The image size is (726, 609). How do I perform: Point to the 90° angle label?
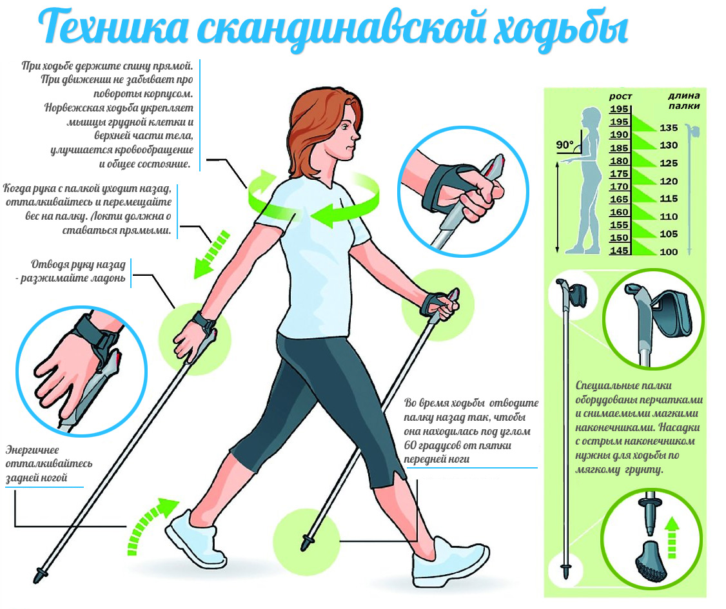[x=565, y=146]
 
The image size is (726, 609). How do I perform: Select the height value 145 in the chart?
[x=619, y=251]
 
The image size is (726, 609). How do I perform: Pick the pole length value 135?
[x=669, y=128]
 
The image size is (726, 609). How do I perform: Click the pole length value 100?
[x=669, y=251]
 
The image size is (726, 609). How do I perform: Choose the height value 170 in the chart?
[x=619, y=187]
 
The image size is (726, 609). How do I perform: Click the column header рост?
[x=620, y=97]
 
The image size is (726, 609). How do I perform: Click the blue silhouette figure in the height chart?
[x=587, y=180]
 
